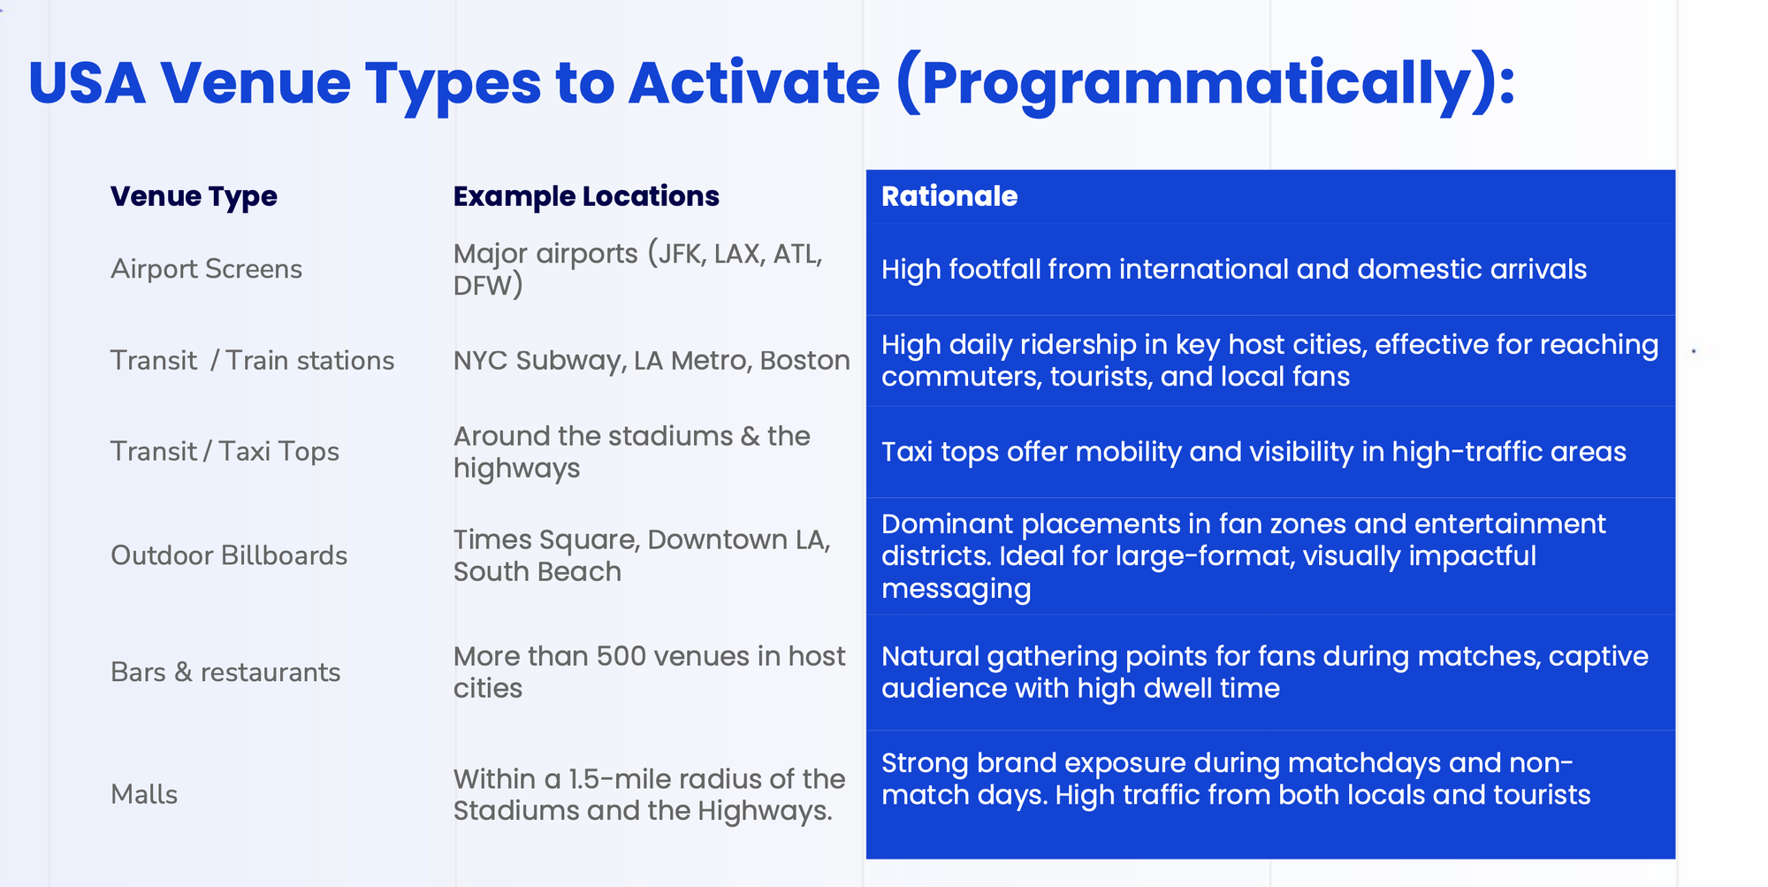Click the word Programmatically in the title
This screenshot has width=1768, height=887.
click(1196, 84)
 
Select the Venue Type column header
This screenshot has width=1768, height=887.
click(194, 196)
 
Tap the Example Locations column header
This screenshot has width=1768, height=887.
click(586, 196)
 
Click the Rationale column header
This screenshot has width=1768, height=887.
click(949, 196)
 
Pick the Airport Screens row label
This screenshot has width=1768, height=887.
click(206, 269)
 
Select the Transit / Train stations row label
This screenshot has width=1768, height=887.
click(252, 361)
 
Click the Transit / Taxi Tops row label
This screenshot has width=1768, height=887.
click(225, 452)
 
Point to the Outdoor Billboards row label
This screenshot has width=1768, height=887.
click(229, 555)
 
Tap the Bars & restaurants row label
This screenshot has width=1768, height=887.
click(225, 672)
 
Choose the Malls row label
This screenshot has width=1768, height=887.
click(144, 794)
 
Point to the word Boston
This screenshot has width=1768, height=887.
click(805, 361)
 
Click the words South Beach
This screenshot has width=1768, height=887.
click(537, 572)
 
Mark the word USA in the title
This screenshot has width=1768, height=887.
click(87, 84)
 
